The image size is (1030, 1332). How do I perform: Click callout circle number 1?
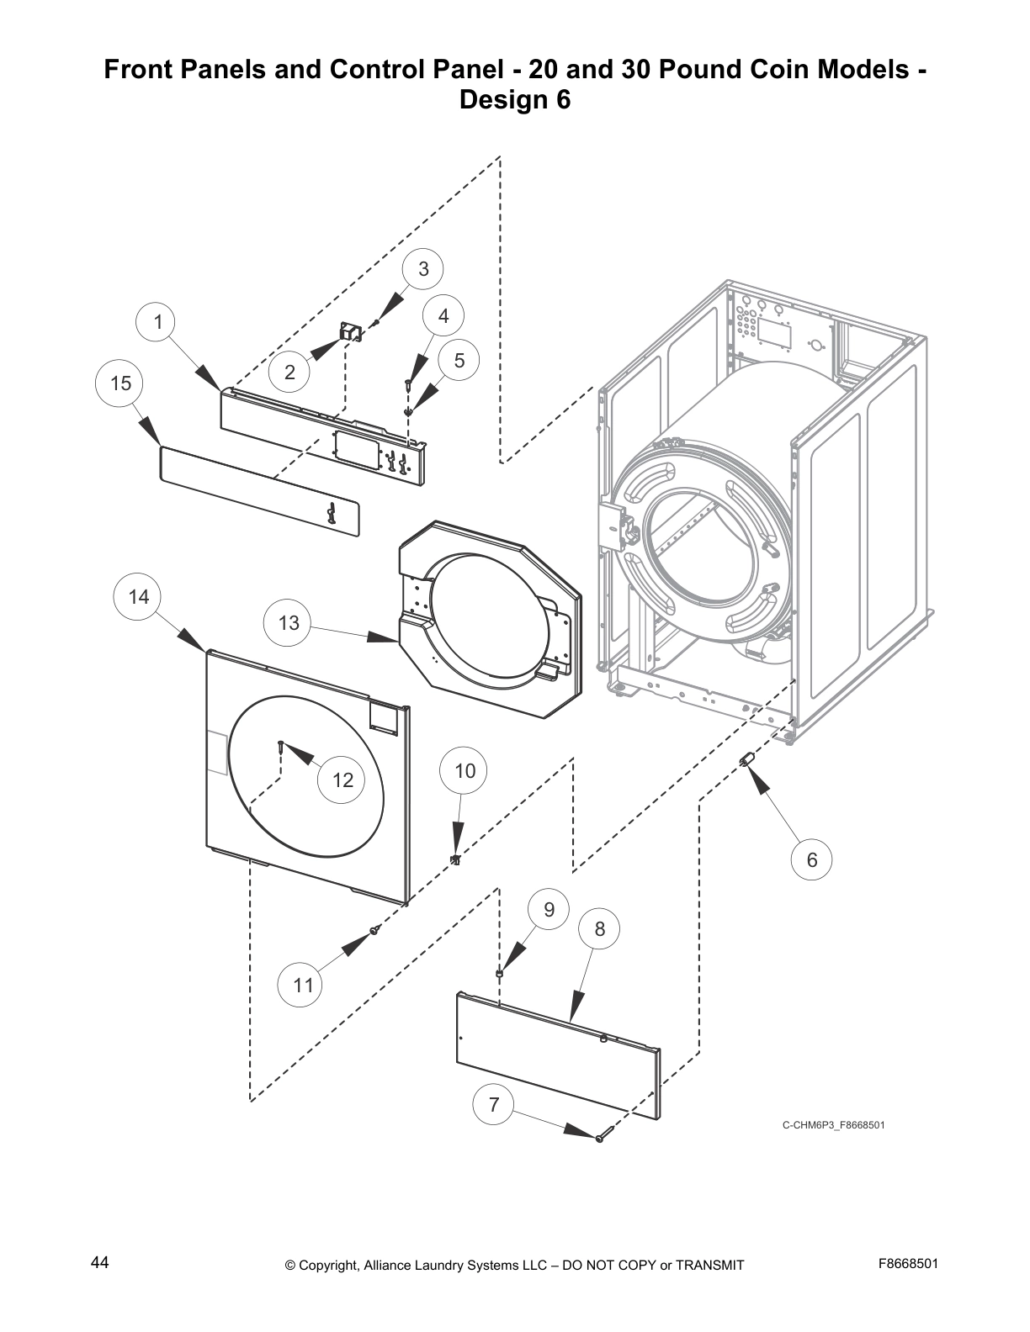tap(157, 322)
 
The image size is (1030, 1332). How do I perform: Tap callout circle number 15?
tap(120, 383)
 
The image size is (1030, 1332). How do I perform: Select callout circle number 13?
tap(288, 623)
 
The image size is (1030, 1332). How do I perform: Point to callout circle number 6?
tap(812, 859)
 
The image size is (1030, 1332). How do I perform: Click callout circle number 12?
tap(342, 780)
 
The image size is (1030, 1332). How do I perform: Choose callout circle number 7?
tap(494, 1105)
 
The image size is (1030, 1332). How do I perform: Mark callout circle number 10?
tap(465, 771)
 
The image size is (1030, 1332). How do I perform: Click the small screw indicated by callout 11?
tap(375, 929)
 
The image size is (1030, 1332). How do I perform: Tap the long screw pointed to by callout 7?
tap(599, 1138)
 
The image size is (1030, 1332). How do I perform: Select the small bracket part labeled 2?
tap(349, 333)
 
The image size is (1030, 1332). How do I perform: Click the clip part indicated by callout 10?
tap(455, 859)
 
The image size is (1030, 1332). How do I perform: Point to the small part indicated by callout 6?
tap(745, 760)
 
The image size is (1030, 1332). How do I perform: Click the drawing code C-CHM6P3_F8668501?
tap(833, 1125)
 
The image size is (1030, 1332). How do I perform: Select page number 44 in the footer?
tap(99, 1263)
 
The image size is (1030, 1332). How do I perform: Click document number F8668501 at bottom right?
tap(908, 1263)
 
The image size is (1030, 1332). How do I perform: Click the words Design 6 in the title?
tap(514, 100)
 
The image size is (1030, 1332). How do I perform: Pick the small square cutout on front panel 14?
tap(384, 716)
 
